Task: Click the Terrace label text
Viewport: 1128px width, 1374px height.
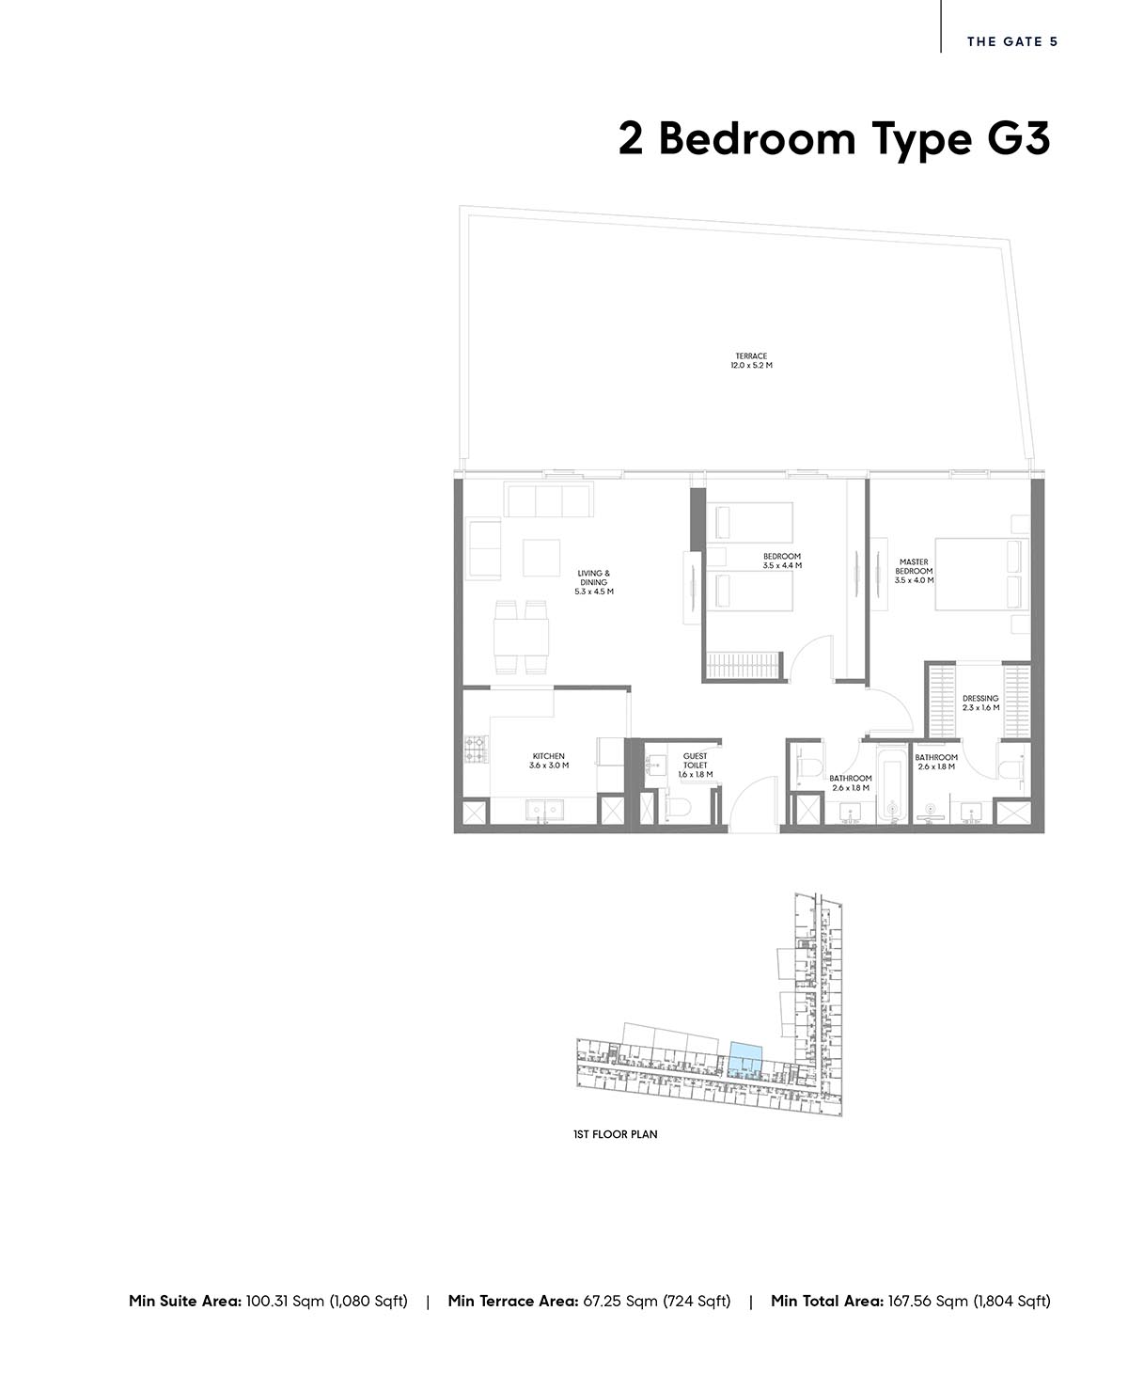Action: (751, 361)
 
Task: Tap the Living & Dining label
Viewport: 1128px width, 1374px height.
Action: (594, 582)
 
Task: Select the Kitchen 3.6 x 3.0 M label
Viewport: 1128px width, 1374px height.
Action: (549, 761)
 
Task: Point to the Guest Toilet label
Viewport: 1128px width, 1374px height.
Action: (695, 766)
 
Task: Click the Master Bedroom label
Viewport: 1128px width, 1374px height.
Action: (914, 571)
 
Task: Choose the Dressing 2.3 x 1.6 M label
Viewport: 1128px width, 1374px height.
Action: (980, 703)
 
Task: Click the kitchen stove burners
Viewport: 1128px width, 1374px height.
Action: (476, 750)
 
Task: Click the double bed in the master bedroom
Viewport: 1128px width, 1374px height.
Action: (982, 574)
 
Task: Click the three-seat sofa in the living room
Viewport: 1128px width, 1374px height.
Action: (548, 499)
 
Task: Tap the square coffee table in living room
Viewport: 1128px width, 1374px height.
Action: (541, 557)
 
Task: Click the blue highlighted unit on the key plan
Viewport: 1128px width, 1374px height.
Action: (745, 1061)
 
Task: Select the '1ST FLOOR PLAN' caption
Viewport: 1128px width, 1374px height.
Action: (616, 1134)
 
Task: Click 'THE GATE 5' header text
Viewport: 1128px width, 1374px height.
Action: (1012, 41)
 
